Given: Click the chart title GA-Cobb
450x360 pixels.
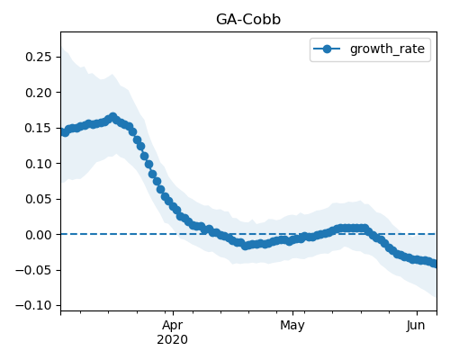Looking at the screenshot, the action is tap(248, 20).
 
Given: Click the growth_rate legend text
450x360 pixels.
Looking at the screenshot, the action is tap(387, 49).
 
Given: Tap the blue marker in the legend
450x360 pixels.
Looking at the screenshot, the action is tap(327, 49).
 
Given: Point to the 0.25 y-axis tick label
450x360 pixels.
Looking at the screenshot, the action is tap(39, 57).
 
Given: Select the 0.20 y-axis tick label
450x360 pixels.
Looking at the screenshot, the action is tap(39, 93).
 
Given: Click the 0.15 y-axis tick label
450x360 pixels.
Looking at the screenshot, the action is tap(39, 128).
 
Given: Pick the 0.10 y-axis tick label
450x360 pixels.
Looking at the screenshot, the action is tap(39, 164).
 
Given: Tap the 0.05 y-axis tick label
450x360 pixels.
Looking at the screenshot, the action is tap(39, 199).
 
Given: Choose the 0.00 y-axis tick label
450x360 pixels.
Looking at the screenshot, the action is tap(39, 235).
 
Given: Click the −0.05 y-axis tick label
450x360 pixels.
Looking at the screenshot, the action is tap(33, 270).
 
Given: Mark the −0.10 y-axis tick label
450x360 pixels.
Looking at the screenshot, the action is tap(33, 305).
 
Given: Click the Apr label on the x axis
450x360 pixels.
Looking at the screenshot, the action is tap(173, 326).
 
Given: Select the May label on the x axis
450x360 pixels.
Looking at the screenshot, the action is tap(292, 326).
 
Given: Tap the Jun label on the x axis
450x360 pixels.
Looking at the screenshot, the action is tap(416, 326).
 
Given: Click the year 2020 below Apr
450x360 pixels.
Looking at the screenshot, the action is tap(173, 340).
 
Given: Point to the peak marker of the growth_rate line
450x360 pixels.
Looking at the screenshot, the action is tap(112, 117).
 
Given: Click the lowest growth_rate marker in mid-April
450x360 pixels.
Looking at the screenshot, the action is tap(246, 246).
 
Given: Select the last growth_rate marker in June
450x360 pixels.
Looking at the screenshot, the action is tap(434, 264).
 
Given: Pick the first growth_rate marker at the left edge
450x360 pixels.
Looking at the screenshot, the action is tap(62, 131).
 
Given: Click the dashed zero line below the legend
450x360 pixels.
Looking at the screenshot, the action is tap(248, 234).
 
